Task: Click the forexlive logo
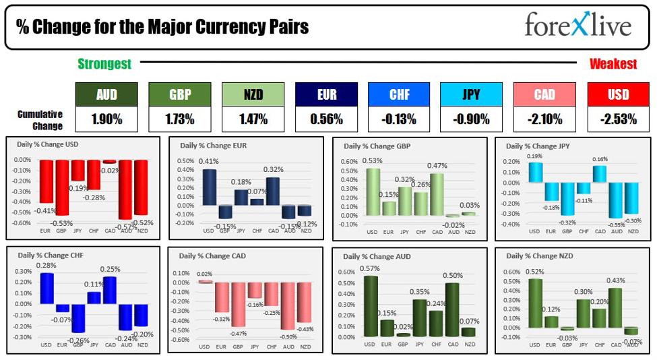point(577,26)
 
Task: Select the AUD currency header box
point(106,95)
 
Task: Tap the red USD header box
point(618,95)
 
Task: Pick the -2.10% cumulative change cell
point(544,120)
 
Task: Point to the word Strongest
point(104,64)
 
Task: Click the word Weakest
point(613,64)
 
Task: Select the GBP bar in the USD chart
point(62,187)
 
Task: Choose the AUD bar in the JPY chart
point(615,200)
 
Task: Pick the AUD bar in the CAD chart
point(288,305)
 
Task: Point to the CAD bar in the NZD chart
point(615,307)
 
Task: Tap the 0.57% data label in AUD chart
point(369,269)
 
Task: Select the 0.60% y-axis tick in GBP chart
point(349,162)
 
